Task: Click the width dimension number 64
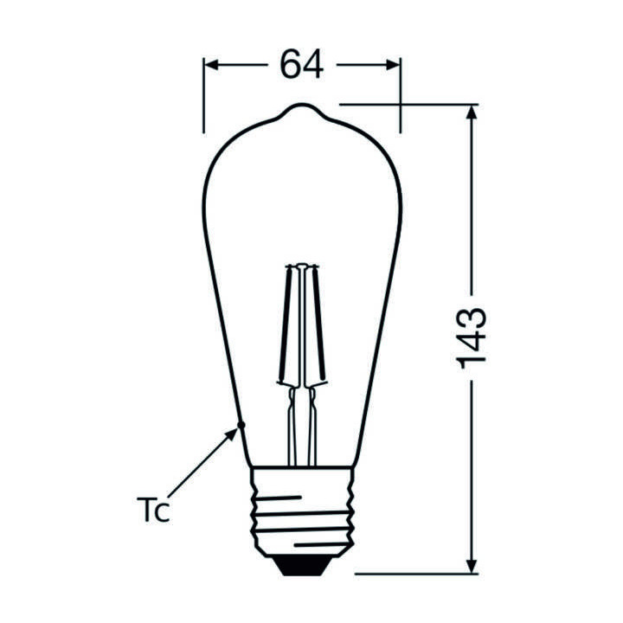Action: [301, 65]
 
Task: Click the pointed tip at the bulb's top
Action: [301, 107]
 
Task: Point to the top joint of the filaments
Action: [301, 264]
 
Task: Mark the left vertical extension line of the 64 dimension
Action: [204, 95]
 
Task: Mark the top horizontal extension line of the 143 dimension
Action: [407, 104]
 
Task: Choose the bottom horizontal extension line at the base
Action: [415, 573]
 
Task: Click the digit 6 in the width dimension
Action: [290, 65]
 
